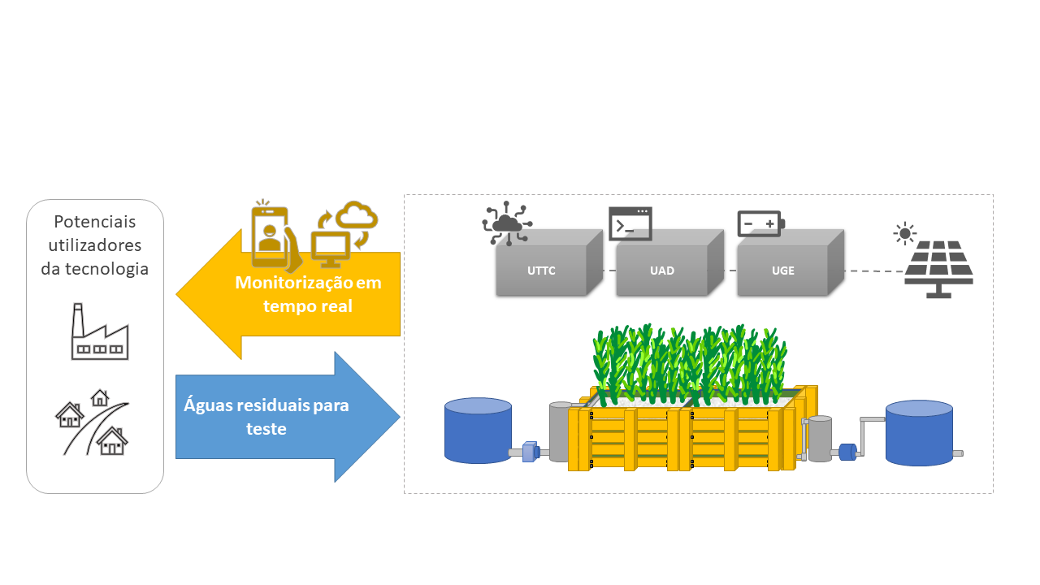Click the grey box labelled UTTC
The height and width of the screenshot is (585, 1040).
(x=542, y=270)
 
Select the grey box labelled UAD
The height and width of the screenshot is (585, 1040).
(x=662, y=270)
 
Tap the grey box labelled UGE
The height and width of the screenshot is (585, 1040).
(x=782, y=270)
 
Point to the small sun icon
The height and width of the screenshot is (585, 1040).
(x=903, y=234)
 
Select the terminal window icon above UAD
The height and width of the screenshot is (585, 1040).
(x=630, y=223)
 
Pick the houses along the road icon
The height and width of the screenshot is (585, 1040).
(x=93, y=422)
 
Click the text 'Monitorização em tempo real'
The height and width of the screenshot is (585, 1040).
(x=308, y=294)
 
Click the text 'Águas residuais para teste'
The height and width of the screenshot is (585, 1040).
(x=266, y=416)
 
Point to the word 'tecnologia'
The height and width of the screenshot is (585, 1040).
(x=95, y=269)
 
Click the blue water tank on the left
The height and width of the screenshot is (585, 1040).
(x=478, y=431)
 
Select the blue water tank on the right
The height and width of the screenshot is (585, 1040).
(x=919, y=433)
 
